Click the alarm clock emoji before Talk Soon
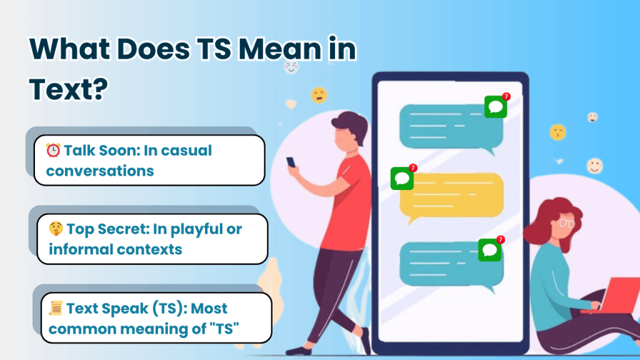pos(53,151)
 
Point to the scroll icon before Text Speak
pos(56,308)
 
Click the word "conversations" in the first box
pos(100,171)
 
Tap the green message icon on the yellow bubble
pos(402,179)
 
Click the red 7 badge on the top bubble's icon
pos(506,97)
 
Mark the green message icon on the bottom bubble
pos(489,250)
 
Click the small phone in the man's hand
pos(291,162)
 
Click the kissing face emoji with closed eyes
pos(557,132)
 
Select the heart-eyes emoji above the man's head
pos(319,94)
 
